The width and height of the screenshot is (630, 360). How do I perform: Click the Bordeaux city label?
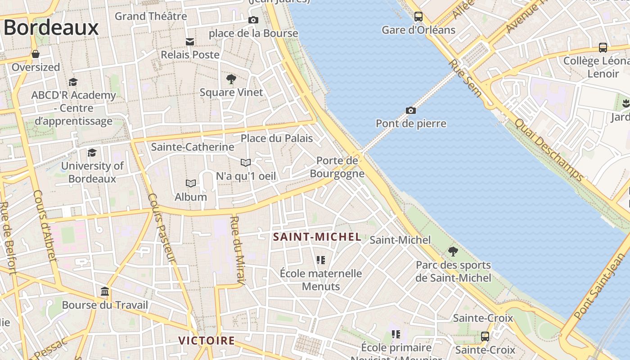pyautogui.click(x=50, y=27)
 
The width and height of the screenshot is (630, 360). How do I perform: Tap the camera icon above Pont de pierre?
pyautogui.click(x=410, y=110)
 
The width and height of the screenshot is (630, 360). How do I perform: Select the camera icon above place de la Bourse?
pyautogui.click(x=253, y=20)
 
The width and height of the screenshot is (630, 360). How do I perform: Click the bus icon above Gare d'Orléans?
pyautogui.click(x=418, y=17)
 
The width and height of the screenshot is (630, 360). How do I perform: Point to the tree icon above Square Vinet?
pyautogui.click(x=231, y=80)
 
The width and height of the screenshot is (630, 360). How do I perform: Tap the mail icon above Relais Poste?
pyautogui.click(x=190, y=42)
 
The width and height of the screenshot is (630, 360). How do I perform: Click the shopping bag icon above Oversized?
pyautogui.click(x=36, y=54)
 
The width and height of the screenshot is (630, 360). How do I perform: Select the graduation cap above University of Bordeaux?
pyautogui.click(x=92, y=153)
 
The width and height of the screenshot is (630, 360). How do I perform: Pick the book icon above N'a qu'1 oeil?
pyautogui.click(x=245, y=162)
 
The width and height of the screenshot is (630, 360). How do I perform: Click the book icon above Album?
pyautogui.click(x=191, y=184)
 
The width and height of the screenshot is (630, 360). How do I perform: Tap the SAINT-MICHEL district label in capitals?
pyautogui.click(x=317, y=237)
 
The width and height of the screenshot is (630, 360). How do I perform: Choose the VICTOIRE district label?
pyautogui.click(x=207, y=340)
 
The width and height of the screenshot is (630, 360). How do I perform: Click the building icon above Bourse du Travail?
pyautogui.click(x=105, y=292)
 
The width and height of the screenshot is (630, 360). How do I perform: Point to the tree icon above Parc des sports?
pyautogui.click(x=453, y=252)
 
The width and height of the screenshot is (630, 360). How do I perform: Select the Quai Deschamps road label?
pyautogui.click(x=549, y=150)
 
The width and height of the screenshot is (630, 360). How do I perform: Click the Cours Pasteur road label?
pyautogui.click(x=161, y=227)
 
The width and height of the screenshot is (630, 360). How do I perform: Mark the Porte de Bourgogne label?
pyautogui.click(x=337, y=167)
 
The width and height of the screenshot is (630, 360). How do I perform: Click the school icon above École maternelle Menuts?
pyautogui.click(x=320, y=260)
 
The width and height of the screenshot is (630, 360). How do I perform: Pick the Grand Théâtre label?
pyautogui.click(x=151, y=16)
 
